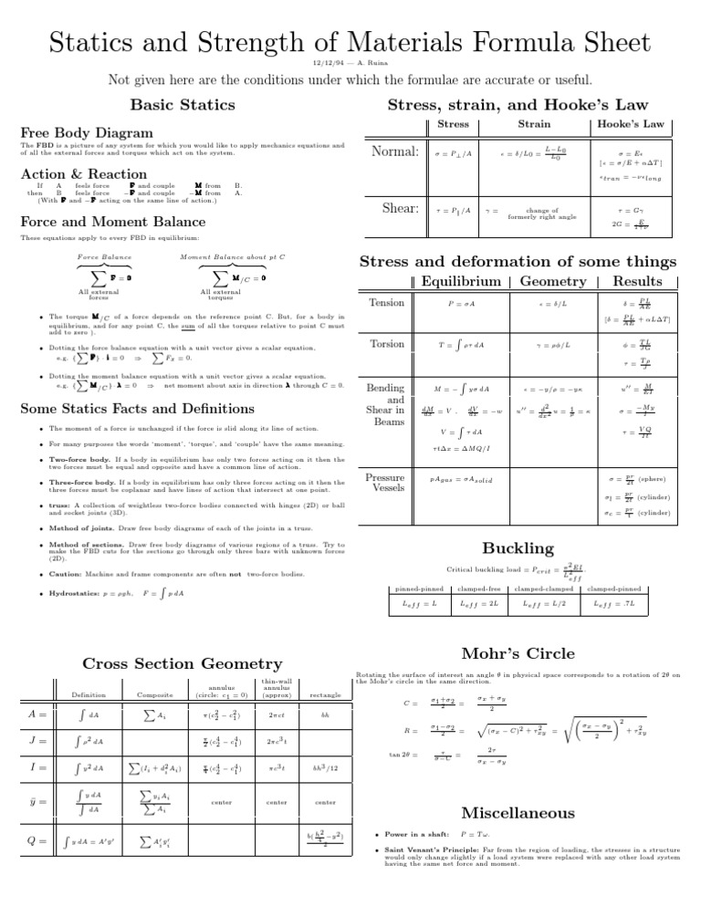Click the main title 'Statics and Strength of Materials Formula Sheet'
(350, 40)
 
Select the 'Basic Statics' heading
(181, 106)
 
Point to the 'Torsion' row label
(386, 346)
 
